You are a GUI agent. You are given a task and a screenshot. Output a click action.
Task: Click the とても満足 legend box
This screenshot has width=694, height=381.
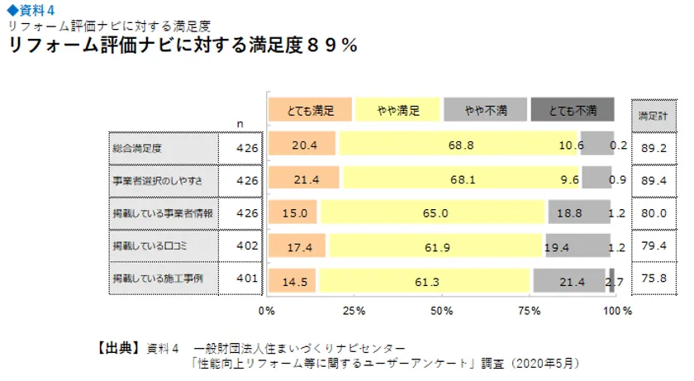click(x=311, y=110)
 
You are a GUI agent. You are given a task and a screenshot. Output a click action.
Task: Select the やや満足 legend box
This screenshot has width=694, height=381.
click(x=397, y=110)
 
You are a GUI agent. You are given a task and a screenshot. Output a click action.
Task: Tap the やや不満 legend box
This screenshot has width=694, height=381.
click(x=484, y=110)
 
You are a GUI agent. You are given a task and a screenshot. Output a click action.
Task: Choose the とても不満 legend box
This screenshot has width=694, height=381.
click(x=573, y=110)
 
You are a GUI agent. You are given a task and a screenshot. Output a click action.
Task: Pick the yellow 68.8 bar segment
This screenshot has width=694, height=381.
click(x=459, y=145)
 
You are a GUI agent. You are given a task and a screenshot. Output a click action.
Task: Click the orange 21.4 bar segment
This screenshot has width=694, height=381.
click(x=304, y=179)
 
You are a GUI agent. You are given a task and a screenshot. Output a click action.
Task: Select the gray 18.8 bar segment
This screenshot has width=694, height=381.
click(x=570, y=212)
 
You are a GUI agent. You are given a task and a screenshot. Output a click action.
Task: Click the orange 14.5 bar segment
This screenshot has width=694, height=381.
click(x=293, y=281)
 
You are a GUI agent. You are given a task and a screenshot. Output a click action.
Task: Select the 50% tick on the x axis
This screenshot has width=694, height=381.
click(x=442, y=312)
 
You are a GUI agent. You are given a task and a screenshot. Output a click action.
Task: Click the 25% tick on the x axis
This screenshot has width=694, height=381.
click(x=354, y=312)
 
